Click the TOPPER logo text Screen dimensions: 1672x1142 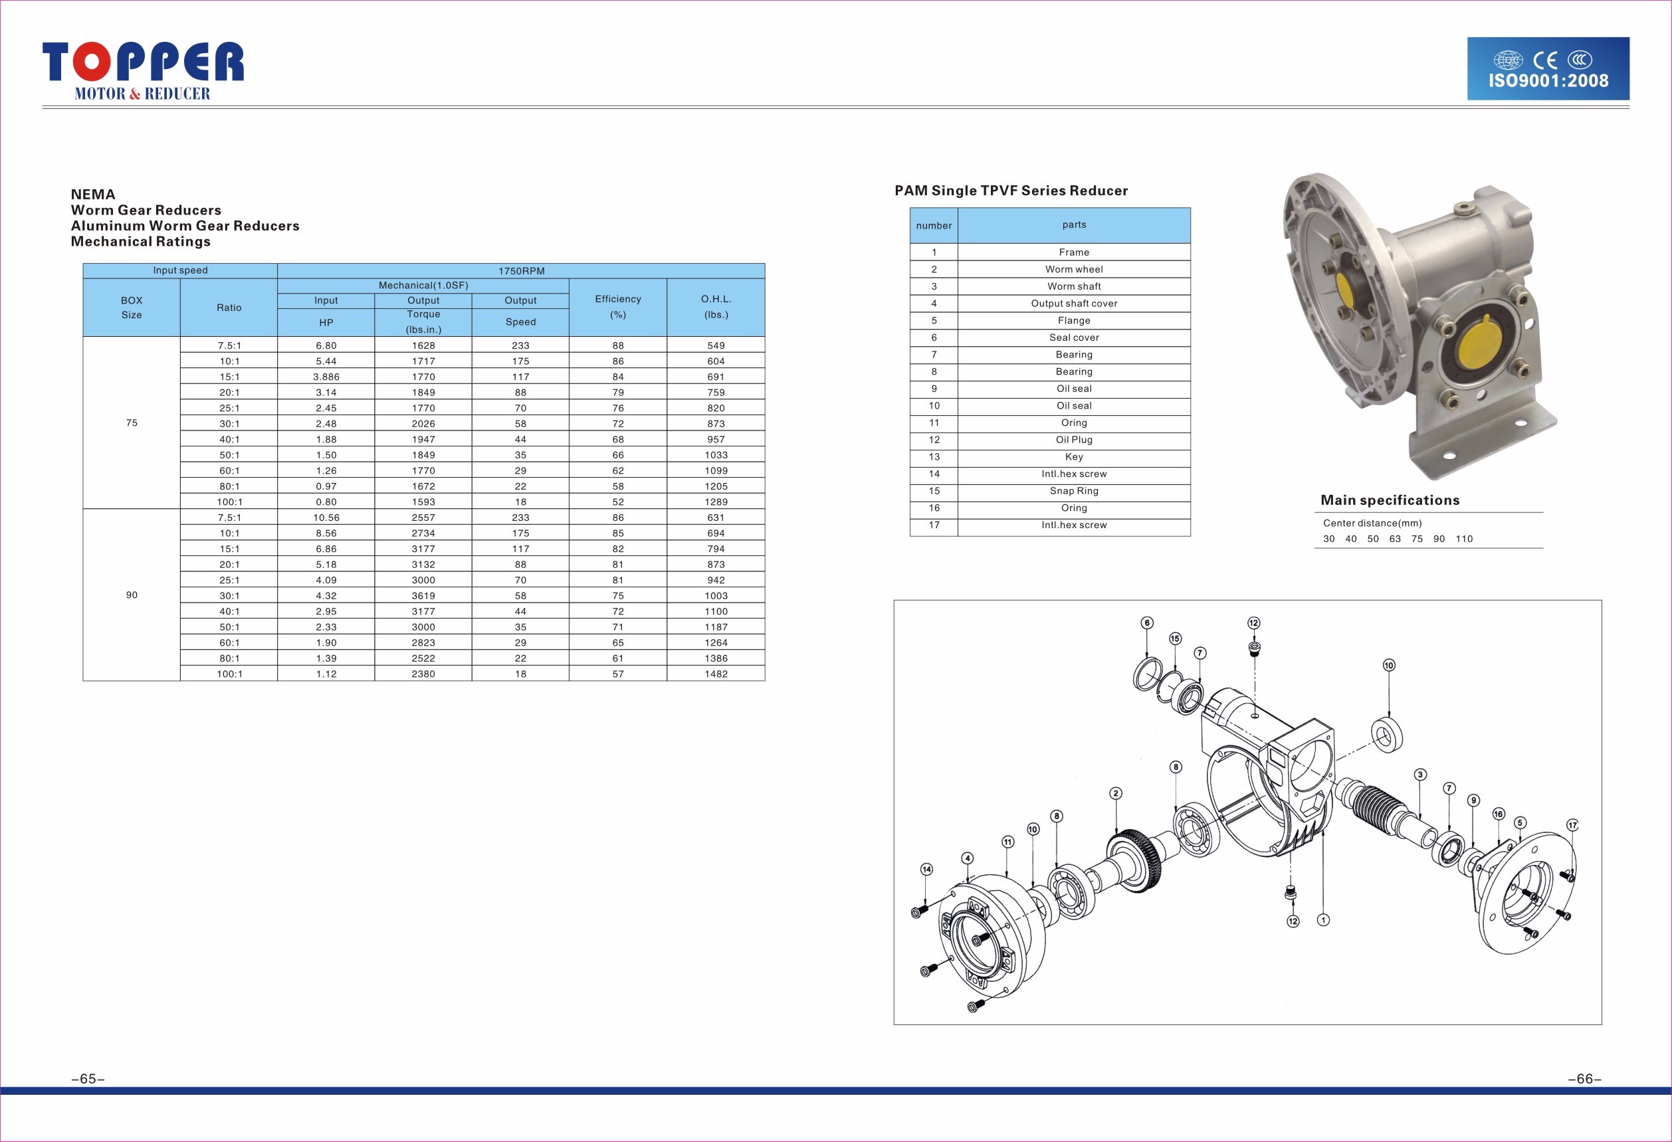[x=143, y=61]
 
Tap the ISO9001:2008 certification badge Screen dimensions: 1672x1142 [x=1548, y=68]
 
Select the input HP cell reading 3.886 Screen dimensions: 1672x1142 [x=326, y=377]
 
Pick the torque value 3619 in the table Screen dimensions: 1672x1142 [x=423, y=595]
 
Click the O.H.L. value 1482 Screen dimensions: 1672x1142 [x=716, y=674]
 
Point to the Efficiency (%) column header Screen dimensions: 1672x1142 [x=617, y=307]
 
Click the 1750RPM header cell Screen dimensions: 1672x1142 [x=522, y=271]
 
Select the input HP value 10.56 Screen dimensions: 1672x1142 [x=326, y=518]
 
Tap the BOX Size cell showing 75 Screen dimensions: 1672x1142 [x=132, y=423]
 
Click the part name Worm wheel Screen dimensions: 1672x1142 [x=1073, y=269]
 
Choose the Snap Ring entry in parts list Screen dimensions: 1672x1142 [x=1073, y=490]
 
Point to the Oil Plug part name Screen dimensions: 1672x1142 [x=1073, y=439]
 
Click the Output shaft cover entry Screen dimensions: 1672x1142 [x=1073, y=304]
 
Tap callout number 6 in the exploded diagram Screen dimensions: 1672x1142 [x=1147, y=622]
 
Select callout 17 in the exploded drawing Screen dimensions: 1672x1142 [x=1572, y=825]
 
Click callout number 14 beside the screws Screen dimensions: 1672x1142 [x=926, y=870]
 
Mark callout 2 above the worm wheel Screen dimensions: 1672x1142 [x=1116, y=793]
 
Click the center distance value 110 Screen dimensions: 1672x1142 [x=1464, y=539]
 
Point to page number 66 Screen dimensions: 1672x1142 [x=1585, y=1079]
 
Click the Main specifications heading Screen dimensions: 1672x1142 [x=1390, y=500]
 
